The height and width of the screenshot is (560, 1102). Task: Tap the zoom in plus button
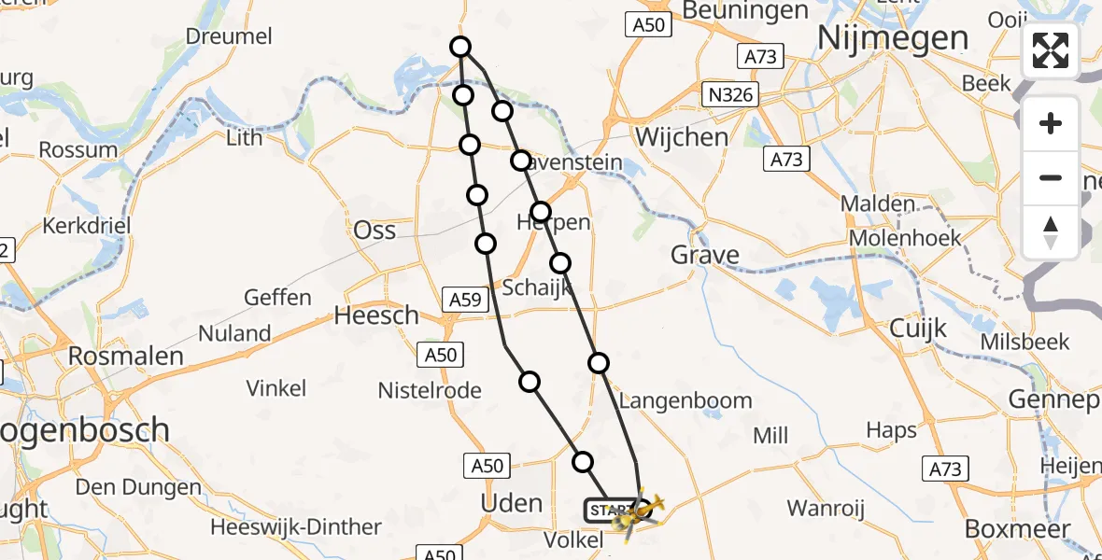tap(1051, 123)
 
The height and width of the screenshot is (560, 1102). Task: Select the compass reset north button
tap(1051, 231)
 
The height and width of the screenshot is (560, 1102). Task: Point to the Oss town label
tap(374, 231)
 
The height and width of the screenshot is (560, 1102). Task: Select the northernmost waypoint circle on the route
tap(459, 47)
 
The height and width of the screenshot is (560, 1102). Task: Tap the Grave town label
tap(705, 255)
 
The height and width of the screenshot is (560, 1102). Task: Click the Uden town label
tap(511, 503)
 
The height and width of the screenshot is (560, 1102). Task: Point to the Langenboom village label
tap(685, 400)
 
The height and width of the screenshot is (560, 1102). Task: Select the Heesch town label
tap(376, 315)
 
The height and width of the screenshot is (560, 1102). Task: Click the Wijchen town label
tap(681, 137)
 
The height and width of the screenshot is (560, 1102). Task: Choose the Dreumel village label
tap(229, 36)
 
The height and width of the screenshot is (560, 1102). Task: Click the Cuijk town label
tap(917, 329)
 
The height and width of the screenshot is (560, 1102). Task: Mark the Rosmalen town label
tap(125, 356)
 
